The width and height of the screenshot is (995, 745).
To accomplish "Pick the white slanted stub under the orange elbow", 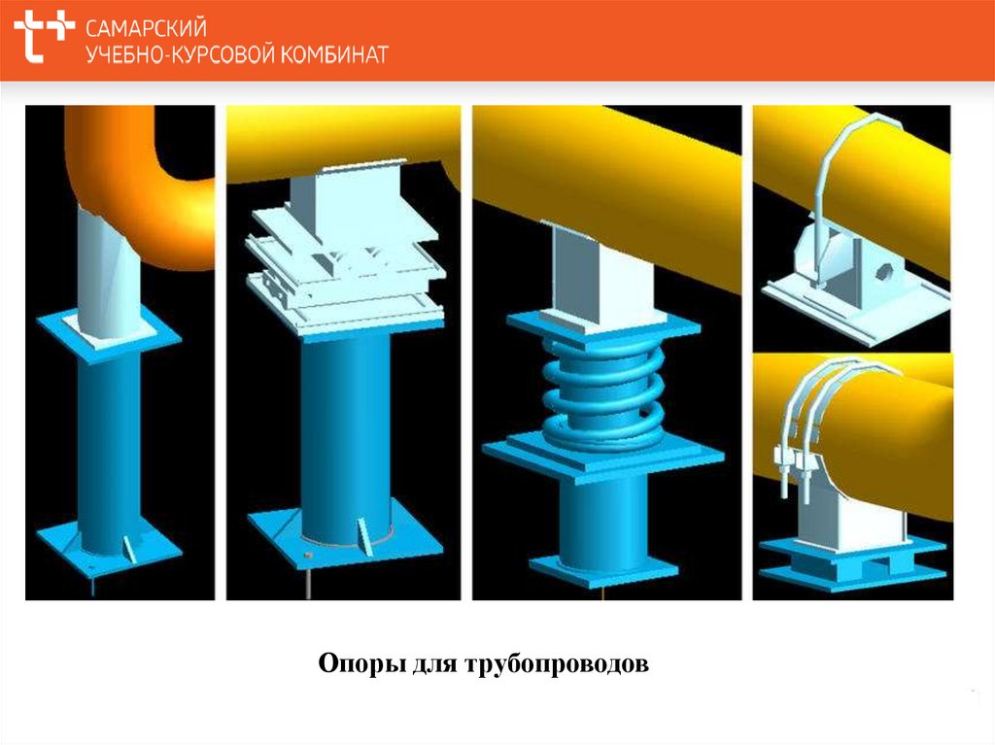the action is (x=106, y=272).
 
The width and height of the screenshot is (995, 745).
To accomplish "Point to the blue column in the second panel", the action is (x=345, y=427).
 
